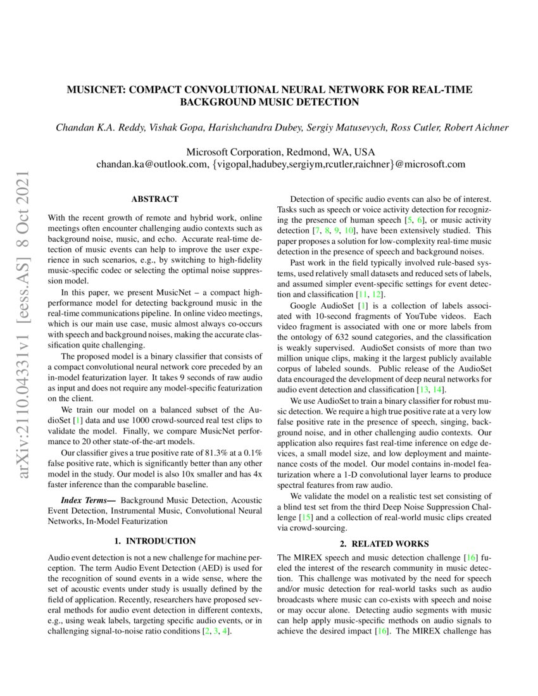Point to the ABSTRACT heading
click(154, 198)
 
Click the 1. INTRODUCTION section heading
click(154, 541)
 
